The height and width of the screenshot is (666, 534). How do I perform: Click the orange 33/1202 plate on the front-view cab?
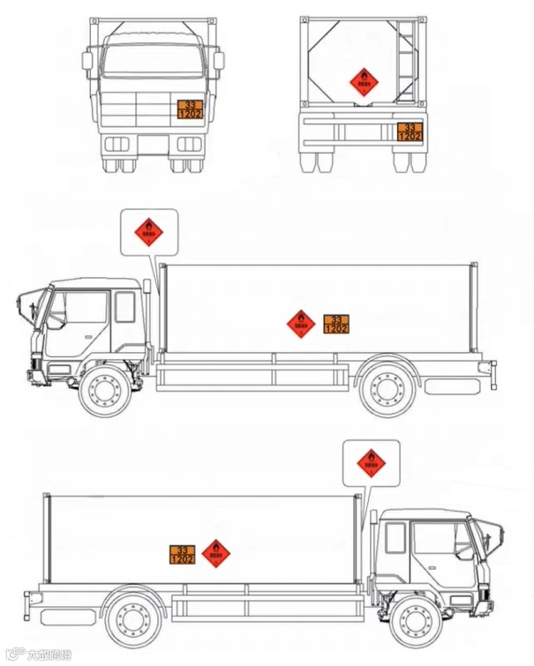tap(191, 109)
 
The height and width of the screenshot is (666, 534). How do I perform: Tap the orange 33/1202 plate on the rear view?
tap(409, 131)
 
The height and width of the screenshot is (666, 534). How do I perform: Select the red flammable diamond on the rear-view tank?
tap(363, 83)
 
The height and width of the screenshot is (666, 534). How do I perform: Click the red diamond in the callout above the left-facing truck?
tap(149, 231)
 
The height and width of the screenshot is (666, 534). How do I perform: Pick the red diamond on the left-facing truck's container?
tap(301, 323)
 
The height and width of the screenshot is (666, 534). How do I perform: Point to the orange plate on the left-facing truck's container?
tap(336, 323)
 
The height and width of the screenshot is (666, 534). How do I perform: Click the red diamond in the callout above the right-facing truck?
tap(372, 462)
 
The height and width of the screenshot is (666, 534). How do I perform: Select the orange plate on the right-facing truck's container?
tap(183, 554)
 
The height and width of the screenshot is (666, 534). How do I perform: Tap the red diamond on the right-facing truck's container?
tap(215, 553)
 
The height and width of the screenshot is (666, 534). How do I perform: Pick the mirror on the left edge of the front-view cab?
tap(87, 61)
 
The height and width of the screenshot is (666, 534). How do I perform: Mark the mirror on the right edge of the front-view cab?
tap(218, 61)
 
